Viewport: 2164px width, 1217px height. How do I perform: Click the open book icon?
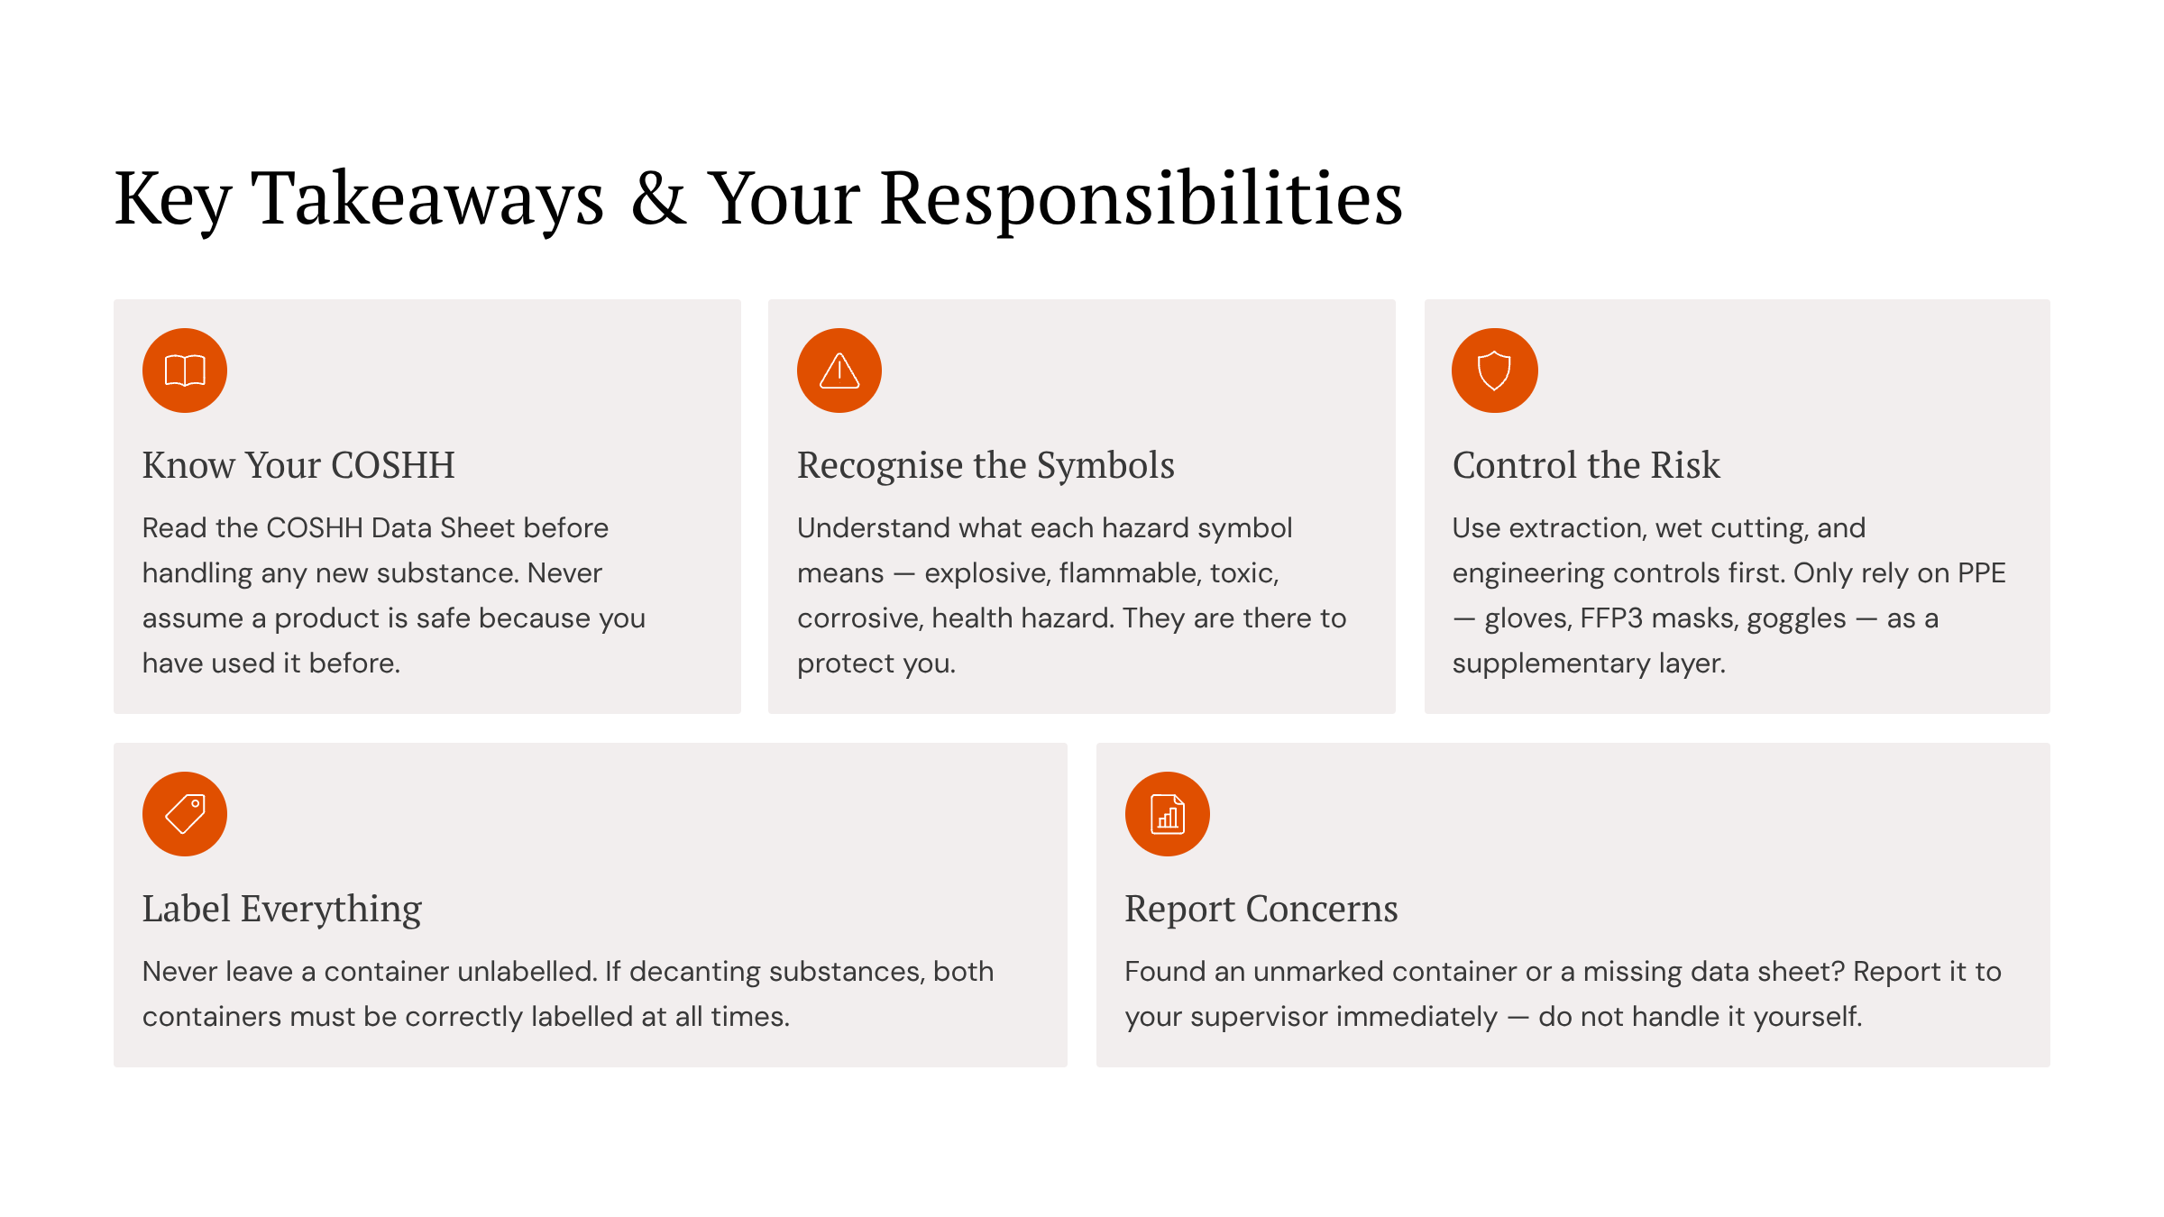(185, 371)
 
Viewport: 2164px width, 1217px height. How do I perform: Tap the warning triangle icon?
(839, 371)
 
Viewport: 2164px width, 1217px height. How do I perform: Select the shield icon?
(1494, 371)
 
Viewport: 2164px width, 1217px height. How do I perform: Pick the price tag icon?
(185, 814)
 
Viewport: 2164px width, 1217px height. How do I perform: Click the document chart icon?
(1168, 814)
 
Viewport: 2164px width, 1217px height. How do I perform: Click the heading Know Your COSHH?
(298, 465)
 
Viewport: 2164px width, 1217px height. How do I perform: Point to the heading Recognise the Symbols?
(986, 465)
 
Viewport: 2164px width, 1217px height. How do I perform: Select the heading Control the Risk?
(1586, 465)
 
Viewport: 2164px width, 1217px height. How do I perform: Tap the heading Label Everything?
(282, 909)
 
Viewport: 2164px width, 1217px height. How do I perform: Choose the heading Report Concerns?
(1261, 909)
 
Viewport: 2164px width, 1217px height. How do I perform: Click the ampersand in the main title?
(658, 198)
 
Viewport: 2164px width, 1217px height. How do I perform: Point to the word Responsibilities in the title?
(1142, 198)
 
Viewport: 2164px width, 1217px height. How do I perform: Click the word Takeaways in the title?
(427, 198)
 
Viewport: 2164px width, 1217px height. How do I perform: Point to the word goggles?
(1796, 618)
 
